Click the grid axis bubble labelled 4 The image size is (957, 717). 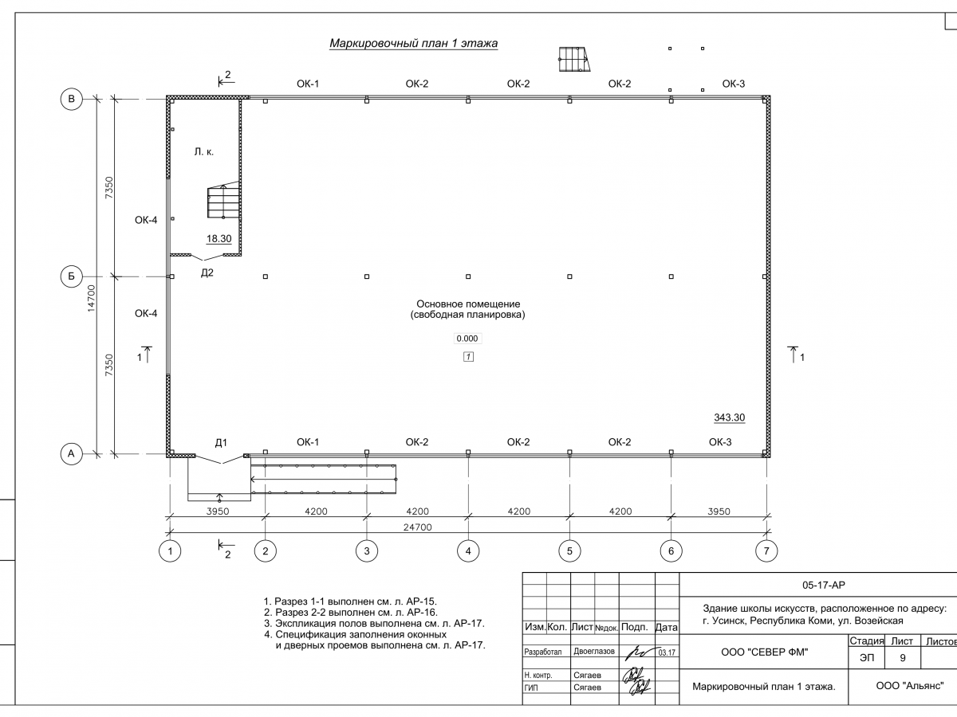coord(468,550)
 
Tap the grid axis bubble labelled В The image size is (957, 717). coord(71,99)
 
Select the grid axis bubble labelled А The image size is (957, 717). coord(71,454)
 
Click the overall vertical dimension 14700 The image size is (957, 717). coord(92,297)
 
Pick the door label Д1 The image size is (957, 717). coord(221,442)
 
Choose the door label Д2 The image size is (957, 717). coord(207,272)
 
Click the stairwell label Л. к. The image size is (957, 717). coord(203,151)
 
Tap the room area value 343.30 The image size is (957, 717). coord(728,417)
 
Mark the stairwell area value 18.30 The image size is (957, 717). coord(219,238)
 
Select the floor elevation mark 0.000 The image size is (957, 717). coord(467,339)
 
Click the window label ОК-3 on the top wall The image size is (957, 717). coord(734,84)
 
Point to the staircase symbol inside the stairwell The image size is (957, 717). coord(223,202)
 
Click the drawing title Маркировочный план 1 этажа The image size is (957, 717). coord(413,44)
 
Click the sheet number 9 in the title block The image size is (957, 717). coord(902,658)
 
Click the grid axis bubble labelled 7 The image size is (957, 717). coord(766,550)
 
